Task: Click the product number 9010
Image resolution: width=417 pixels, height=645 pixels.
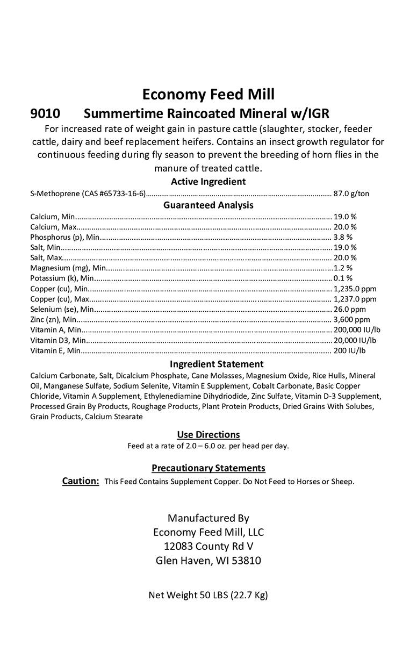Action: [45, 114]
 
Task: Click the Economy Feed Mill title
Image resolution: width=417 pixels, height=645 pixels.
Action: [208, 95]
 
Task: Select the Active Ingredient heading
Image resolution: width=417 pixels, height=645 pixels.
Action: [208, 182]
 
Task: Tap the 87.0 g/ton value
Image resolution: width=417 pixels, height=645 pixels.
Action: [351, 194]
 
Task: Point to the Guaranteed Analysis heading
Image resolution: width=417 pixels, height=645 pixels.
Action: [208, 205]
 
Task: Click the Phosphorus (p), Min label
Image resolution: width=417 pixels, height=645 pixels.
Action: [65, 237]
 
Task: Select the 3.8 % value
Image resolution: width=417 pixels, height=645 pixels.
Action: [343, 237]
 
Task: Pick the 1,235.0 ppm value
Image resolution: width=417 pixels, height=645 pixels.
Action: [355, 289]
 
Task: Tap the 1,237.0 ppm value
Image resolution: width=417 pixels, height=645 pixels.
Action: [355, 299]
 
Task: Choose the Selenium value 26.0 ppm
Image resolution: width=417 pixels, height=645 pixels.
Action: [350, 309]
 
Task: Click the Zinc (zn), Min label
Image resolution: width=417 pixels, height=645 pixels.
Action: [54, 319]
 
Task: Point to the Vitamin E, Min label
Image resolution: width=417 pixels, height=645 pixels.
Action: [55, 350]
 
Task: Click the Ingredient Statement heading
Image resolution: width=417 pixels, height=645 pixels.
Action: [208, 364]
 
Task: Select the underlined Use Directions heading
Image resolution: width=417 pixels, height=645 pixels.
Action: [208, 434]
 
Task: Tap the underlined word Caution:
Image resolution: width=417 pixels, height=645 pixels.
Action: [81, 481]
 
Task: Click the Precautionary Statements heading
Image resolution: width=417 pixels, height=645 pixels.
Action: [208, 468]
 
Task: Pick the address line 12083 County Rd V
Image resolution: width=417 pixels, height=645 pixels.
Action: [208, 546]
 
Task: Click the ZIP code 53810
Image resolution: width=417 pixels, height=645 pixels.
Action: [246, 561]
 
